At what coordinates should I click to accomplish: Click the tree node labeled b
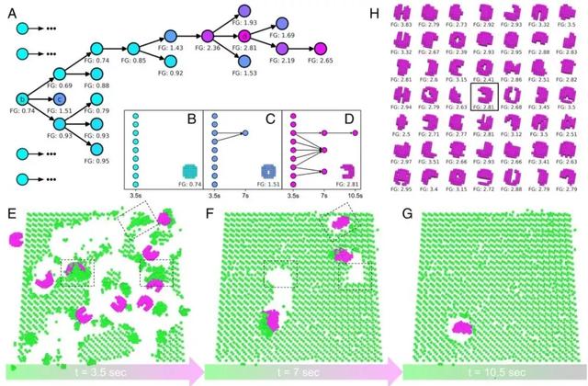click(x=23, y=98)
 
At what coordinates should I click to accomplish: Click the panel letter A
click(x=8, y=8)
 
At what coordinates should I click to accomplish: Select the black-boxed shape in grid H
click(x=483, y=95)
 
